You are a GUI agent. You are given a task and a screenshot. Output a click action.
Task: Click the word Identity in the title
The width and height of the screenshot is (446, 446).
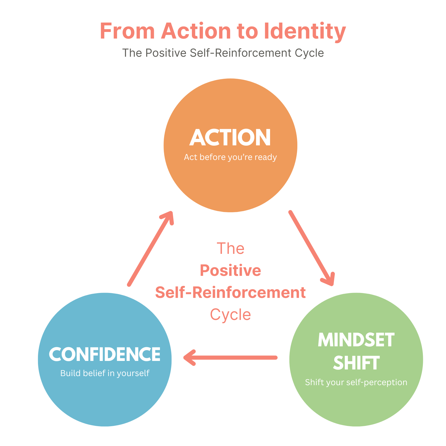(x=304, y=31)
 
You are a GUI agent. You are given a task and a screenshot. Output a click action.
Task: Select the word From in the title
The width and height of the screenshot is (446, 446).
(x=127, y=31)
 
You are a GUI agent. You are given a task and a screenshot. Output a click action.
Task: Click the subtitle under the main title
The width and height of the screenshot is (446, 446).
(x=223, y=53)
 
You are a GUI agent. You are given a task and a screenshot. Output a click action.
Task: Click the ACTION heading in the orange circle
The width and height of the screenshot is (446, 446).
(x=230, y=138)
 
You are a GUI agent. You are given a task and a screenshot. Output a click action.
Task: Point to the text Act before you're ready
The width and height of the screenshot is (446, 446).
(x=230, y=157)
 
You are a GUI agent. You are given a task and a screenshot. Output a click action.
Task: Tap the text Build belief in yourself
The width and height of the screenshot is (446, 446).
(x=105, y=373)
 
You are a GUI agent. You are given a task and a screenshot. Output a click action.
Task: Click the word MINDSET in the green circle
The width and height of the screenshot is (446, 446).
(x=356, y=340)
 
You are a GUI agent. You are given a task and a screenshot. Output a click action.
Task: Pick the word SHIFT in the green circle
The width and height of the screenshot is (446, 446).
(x=356, y=363)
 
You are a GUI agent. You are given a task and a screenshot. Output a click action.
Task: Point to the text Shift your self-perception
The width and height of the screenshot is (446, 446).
(x=356, y=382)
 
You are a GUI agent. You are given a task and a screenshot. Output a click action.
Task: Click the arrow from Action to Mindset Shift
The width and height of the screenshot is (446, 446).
(x=311, y=248)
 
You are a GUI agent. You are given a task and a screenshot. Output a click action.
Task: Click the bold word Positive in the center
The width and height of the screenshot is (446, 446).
(x=230, y=270)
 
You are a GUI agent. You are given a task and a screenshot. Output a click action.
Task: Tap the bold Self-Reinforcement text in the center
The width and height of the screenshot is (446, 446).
(x=230, y=292)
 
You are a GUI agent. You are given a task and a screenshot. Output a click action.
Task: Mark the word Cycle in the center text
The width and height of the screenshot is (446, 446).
(x=230, y=314)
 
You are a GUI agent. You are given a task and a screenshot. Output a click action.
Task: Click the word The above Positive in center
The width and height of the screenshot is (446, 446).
(x=230, y=248)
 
